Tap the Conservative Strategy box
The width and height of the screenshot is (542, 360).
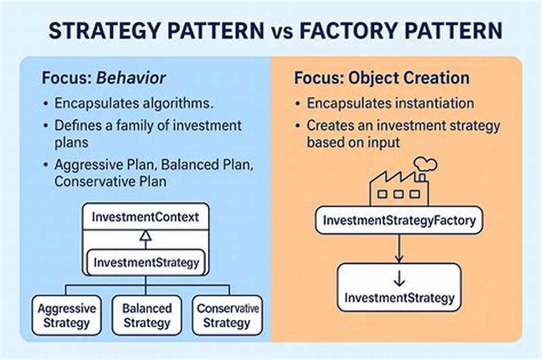click(227, 315)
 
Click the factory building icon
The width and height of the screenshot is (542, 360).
click(398, 188)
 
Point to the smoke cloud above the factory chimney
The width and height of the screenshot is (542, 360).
click(425, 163)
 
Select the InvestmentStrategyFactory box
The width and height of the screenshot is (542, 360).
click(399, 220)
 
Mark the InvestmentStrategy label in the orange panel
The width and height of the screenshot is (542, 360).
click(399, 298)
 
